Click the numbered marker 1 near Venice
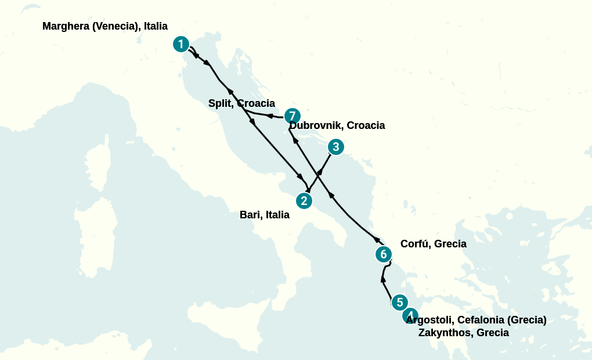click(182, 44)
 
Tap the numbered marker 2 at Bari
click(304, 201)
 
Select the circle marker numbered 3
click(335, 147)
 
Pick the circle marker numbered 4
click(410, 316)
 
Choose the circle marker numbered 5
click(399, 303)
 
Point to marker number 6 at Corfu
click(383, 254)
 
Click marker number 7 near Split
click(292, 116)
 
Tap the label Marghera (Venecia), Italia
click(105, 26)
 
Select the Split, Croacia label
click(241, 103)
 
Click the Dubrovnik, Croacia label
click(337, 125)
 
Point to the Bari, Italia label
click(265, 215)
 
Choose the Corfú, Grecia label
click(434, 244)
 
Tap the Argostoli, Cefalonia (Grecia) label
click(477, 320)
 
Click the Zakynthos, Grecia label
click(464, 333)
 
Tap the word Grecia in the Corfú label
click(449, 244)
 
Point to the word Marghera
click(66, 26)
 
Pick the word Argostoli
click(429, 320)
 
